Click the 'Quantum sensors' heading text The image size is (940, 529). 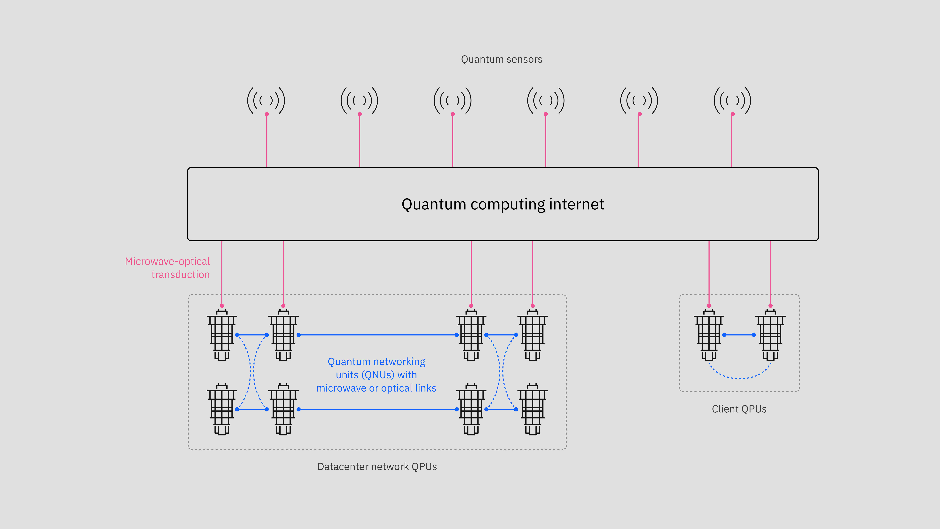pos(501,59)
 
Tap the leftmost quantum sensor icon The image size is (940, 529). pos(266,100)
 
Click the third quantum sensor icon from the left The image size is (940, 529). pos(453,100)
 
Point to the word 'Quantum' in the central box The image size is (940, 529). pos(433,204)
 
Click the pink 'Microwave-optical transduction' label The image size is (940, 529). pos(167,268)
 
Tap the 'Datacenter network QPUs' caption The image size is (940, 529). pos(377,467)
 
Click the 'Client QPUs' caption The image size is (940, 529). pos(739,409)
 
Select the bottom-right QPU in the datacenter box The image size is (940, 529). pos(532,409)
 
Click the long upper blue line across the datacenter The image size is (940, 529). pos(377,335)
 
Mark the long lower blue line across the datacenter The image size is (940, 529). pos(377,409)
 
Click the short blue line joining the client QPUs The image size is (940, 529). pos(739,335)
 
